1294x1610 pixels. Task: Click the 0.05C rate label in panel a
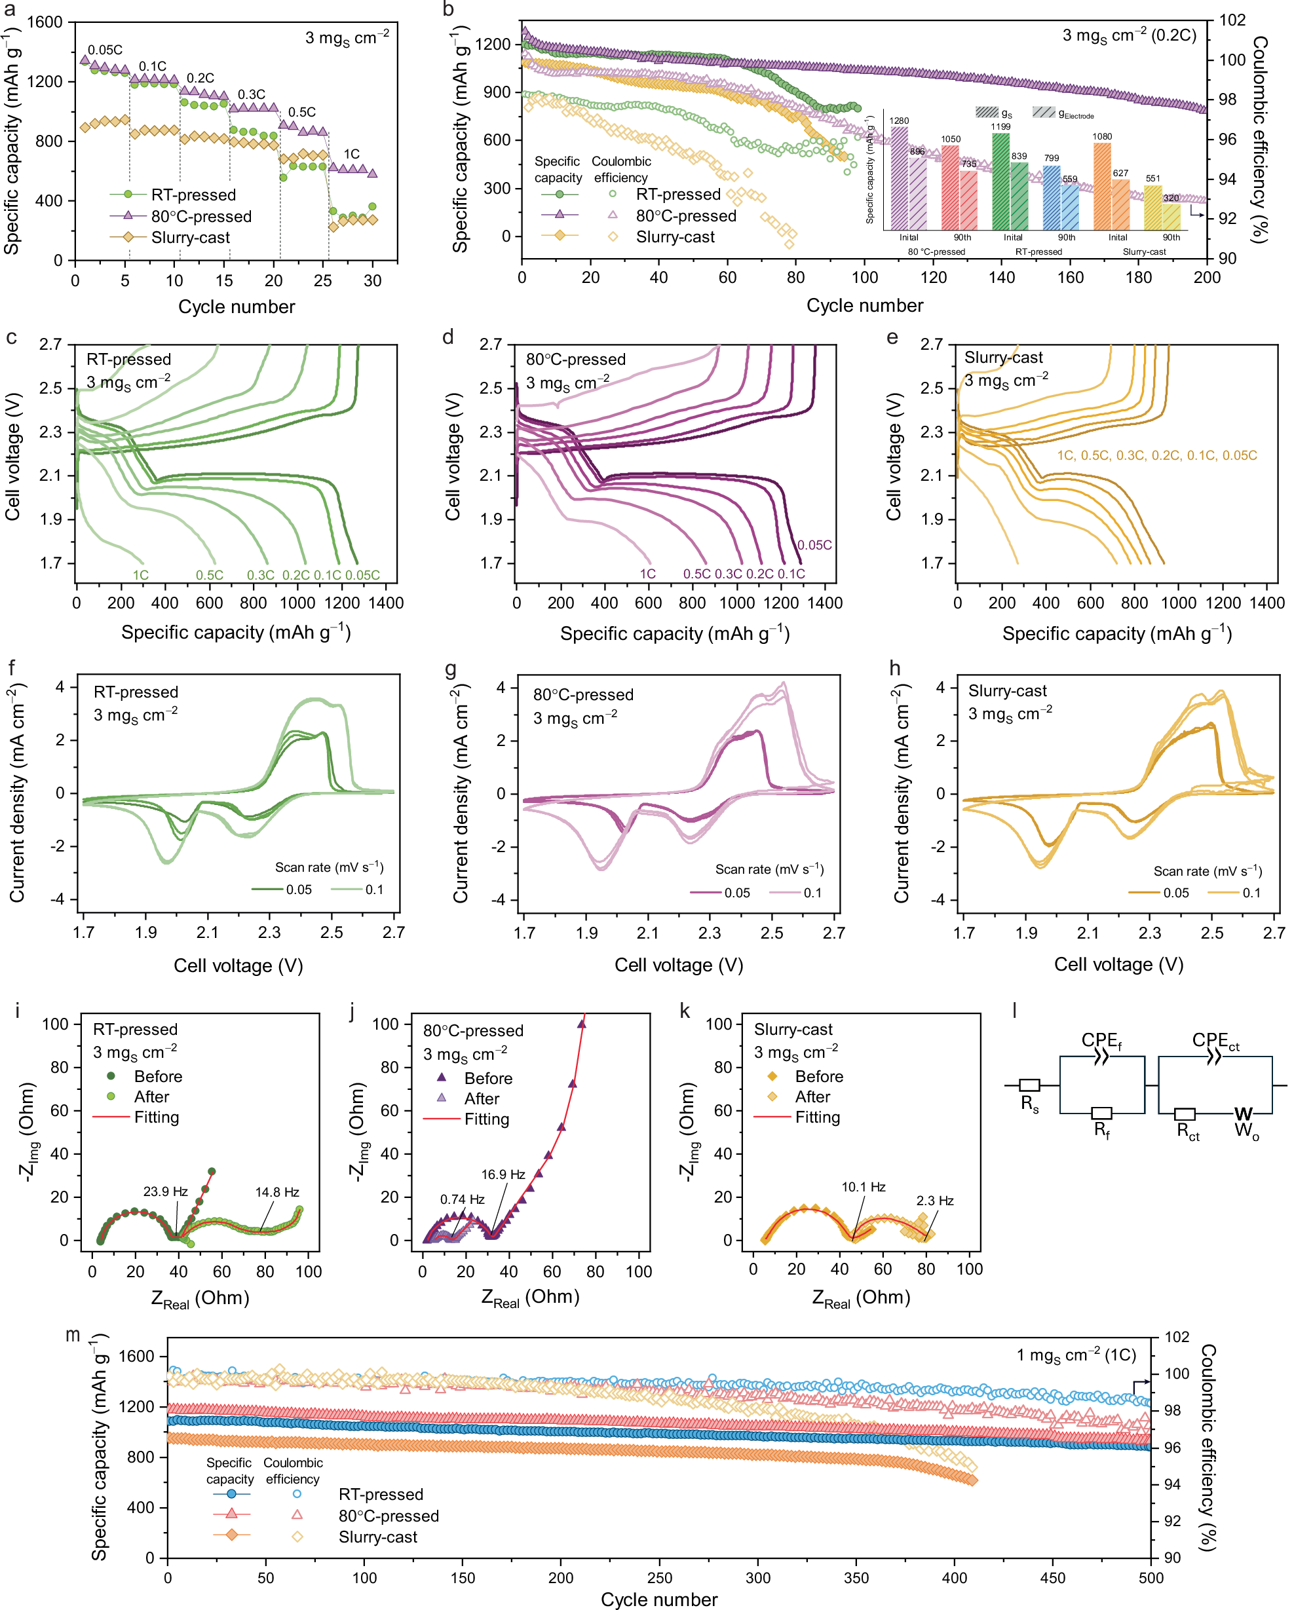pyautogui.click(x=105, y=50)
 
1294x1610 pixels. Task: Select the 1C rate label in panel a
pyautogui.click(x=351, y=154)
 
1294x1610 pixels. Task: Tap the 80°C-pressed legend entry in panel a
pyautogui.click(x=201, y=217)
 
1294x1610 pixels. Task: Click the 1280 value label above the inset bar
pyautogui.click(x=900, y=121)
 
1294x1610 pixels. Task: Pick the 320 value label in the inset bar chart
pyautogui.click(x=1171, y=198)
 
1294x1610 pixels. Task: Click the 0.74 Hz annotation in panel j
pyautogui.click(x=462, y=1199)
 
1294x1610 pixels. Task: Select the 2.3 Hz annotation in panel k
pyautogui.click(x=935, y=1201)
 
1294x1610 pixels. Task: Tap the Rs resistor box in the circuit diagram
pyautogui.click(x=1029, y=1085)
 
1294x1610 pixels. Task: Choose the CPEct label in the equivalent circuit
pyautogui.click(x=1215, y=1040)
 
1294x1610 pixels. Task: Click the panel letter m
pyautogui.click(x=73, y=1334)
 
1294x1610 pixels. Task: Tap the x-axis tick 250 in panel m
pyautogui.click(x=659, y=1578)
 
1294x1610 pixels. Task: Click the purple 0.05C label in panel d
pyautogui.click(x=814, y=545)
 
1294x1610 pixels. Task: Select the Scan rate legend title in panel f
pyautogui.click(x=329, y=867)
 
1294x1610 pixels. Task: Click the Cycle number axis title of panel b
pyautogui.click(x=864, y=305)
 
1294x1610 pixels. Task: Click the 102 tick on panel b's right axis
pyautogui.click(x=1232, y=20)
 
